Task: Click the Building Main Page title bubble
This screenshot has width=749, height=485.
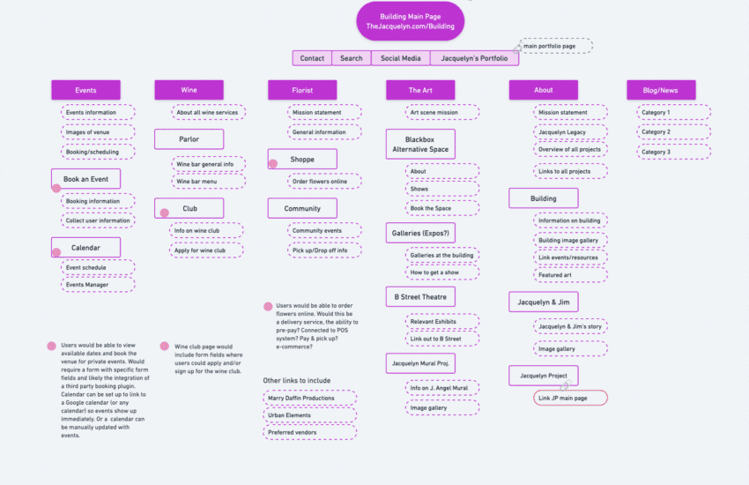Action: tap(410, 21)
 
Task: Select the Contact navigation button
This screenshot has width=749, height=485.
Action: tap(312, 58)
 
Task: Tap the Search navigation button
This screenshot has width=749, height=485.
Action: tap(351, 58)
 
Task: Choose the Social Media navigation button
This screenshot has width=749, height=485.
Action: tap(400, 58)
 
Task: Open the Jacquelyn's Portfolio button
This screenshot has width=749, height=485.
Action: tap(474, 58)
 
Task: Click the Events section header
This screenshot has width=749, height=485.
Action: tap(85, 90)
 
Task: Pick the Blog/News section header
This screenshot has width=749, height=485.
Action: tap(660, 90)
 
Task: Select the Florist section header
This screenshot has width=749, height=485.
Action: tap(302, 90)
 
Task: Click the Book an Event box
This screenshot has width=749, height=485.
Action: tap(85, 179)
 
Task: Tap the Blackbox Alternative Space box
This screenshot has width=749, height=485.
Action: tap(419, 145)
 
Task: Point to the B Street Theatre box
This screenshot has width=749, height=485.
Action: tap(419, 297)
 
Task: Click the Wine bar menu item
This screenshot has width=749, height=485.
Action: tap(205, 182)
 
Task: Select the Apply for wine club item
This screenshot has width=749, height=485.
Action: tap(206, 250)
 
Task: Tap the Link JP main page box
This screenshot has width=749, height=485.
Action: tap(570, 398)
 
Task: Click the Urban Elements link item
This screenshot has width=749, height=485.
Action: tap(309, 415)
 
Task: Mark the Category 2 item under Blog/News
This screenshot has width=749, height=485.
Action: tap(673, 132)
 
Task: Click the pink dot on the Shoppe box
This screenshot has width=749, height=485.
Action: tap(273, 163)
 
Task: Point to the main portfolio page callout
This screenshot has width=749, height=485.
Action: tap(555, 46)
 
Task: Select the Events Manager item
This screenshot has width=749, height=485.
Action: tap(97, 285)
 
